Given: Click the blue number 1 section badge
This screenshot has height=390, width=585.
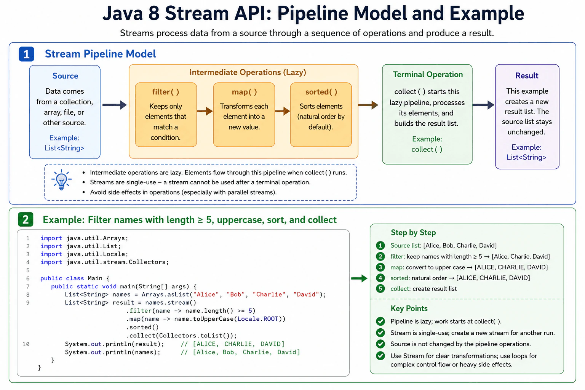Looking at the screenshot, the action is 26,54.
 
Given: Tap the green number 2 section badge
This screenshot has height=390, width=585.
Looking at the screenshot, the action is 26,219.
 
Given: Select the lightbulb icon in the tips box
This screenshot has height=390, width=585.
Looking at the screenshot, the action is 61,180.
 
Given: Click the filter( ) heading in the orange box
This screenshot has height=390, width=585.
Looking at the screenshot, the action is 166,92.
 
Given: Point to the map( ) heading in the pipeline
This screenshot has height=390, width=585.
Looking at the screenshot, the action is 244,92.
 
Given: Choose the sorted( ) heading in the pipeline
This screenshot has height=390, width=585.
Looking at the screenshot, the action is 321,92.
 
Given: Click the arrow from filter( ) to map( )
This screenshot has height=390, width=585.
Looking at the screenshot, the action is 205,111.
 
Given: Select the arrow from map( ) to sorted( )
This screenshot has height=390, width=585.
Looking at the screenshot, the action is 283,111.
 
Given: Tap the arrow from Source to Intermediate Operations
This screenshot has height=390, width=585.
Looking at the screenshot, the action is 115,105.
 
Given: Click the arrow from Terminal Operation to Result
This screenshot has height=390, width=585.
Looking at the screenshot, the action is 483,105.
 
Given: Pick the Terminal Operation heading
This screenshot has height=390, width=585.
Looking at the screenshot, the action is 428,74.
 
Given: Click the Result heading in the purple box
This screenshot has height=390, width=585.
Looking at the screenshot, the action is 527,75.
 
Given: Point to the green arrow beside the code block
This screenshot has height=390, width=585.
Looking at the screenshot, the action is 360,278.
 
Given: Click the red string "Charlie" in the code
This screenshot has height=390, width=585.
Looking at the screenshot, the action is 269,294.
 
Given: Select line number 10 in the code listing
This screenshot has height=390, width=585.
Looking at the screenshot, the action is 26,344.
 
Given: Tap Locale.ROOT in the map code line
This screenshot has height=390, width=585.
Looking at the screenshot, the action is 258,319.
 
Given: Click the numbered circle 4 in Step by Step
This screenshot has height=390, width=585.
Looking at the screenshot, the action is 380,278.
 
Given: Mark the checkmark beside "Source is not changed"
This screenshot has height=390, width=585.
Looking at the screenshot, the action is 380,344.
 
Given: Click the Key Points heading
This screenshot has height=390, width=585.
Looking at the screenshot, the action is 409,308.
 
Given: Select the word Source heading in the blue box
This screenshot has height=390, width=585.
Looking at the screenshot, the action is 65,76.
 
